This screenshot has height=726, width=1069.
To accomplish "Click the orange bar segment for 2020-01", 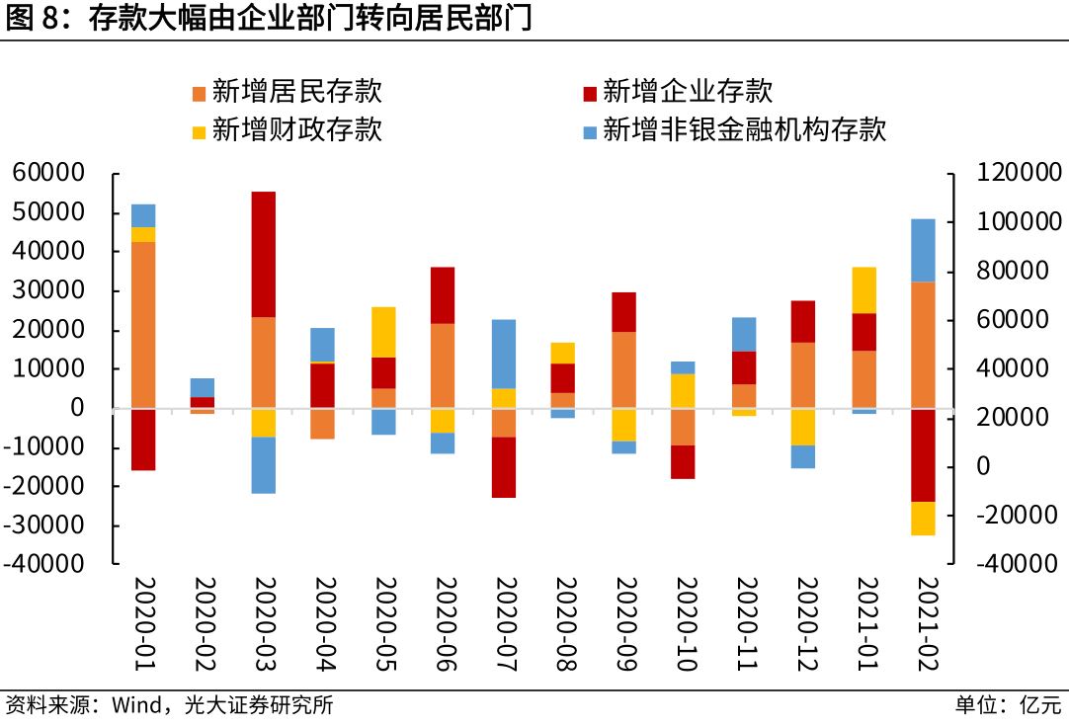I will coord(143,324).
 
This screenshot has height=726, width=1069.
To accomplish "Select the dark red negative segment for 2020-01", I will coord(143,439).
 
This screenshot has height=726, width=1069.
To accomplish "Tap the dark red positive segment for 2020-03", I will coord(264,254).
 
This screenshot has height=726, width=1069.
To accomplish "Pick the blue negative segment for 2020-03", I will coord(264,464).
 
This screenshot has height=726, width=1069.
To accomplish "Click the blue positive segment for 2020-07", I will coord(505,354).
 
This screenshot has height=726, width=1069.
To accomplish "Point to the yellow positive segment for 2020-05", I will coord(384,332).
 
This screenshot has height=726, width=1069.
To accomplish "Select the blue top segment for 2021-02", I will coord(923,250).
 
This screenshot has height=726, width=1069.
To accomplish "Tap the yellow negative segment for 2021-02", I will coord(923,519).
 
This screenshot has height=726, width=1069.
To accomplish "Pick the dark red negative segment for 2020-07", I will coord(505,467).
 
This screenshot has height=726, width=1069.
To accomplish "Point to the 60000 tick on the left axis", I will coord(48,174).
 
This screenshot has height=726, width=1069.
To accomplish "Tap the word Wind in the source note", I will coord(132,705).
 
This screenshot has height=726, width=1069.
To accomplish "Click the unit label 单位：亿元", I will coord(1008,705).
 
